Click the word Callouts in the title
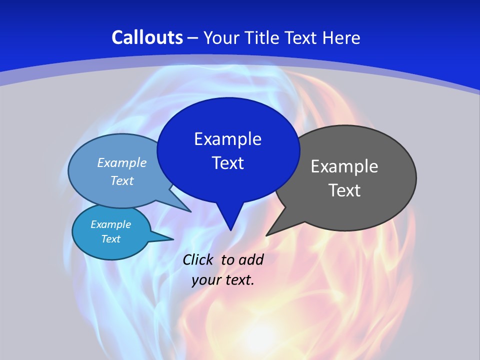pos(147,37)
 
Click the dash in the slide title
pos(193,38)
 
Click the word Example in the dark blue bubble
pos(227,139)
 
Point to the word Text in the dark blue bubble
pos(227,163)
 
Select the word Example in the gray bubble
pos(344,166)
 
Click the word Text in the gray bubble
pos(344,190)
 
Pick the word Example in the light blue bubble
pos(121,162)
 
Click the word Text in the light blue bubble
pos(121,180)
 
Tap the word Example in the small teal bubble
pos(110,224)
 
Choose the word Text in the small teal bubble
pos(110,239)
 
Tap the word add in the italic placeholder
pos(251,259)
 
